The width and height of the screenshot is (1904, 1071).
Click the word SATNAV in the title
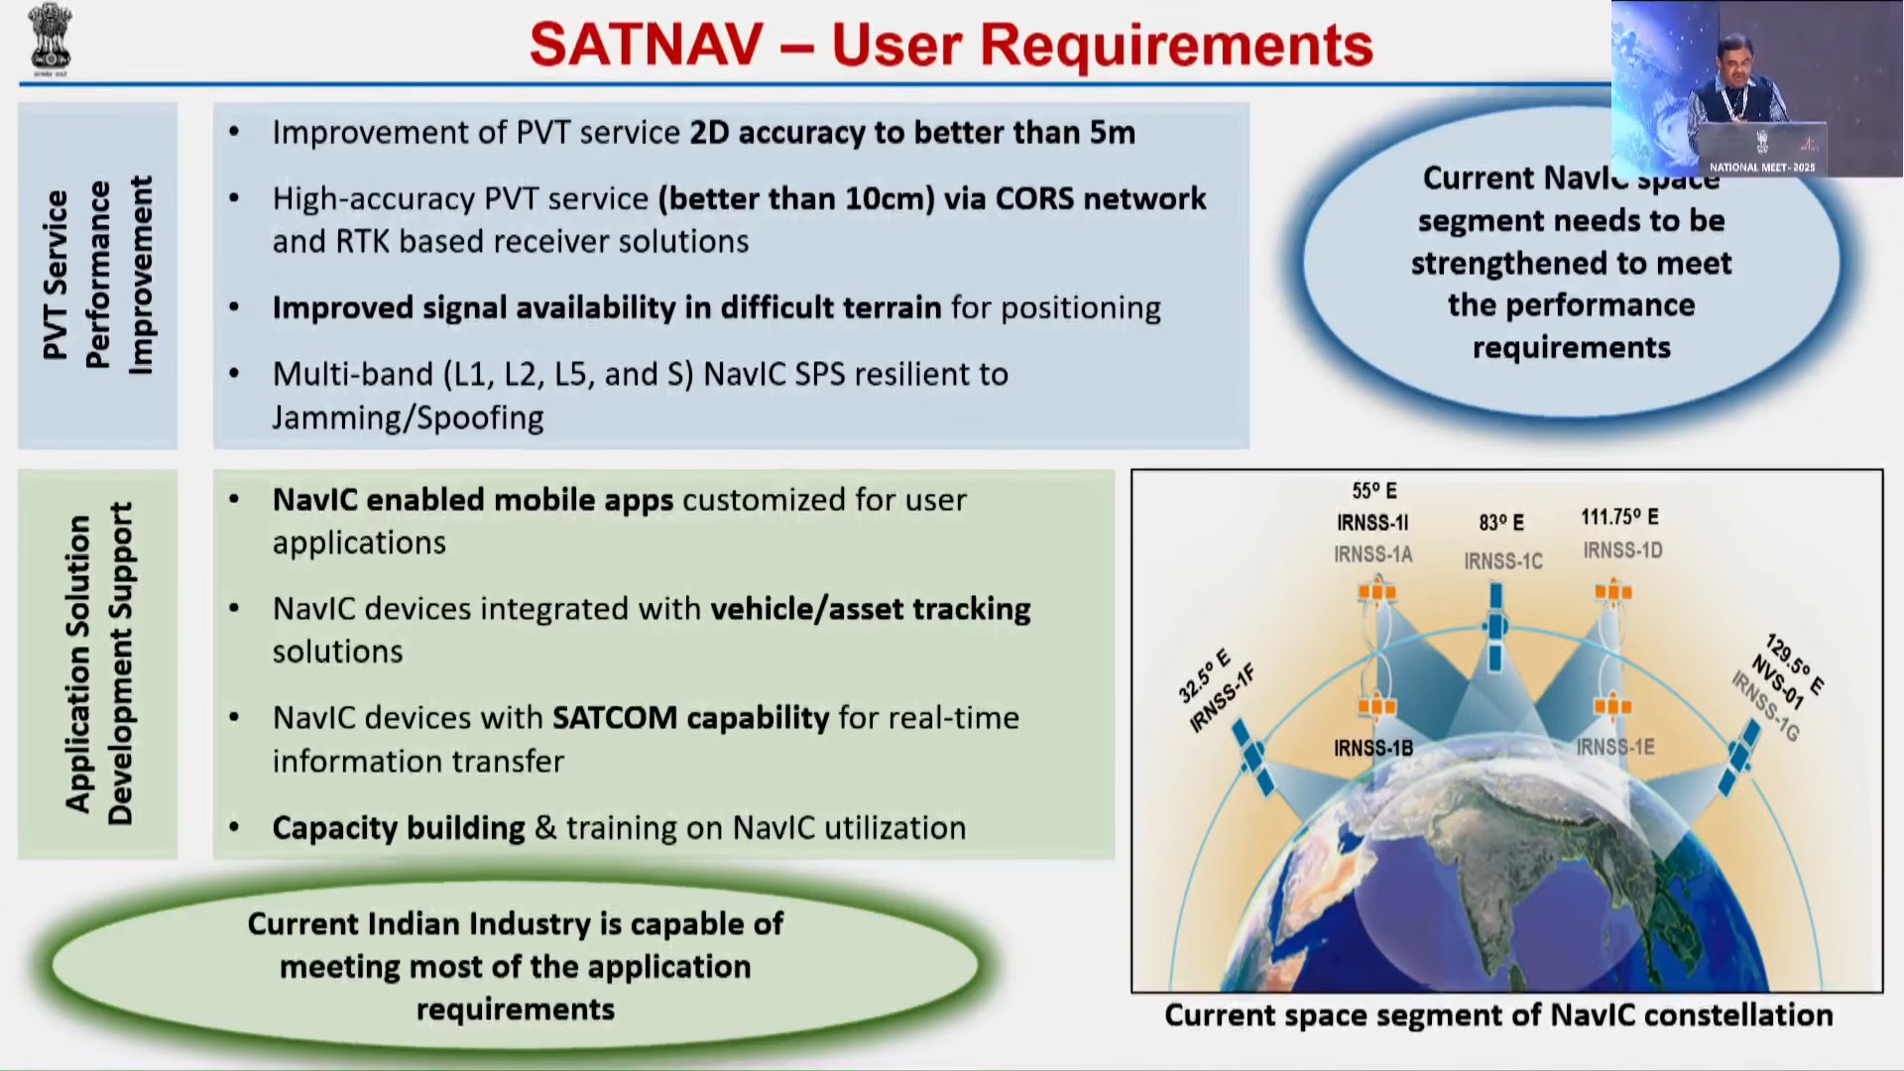(647, 45)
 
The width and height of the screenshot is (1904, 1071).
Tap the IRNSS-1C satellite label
(1503, 561)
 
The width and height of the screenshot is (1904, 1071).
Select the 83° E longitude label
(1501, 523)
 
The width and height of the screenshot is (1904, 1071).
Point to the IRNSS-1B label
(1373, 748)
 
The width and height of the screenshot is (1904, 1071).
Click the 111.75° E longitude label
(1619, 517)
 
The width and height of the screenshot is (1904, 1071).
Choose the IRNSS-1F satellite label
(1223, 700)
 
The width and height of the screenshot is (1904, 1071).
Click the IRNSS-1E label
(1615, 747)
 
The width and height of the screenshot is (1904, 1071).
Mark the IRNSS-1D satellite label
(1622, 550)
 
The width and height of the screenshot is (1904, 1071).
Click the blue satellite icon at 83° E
(1496, 626)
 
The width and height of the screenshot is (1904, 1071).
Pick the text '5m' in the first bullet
(1113, 133)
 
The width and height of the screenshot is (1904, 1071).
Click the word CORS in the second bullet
(1034, 198)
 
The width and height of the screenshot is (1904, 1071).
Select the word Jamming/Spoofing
(408, 418)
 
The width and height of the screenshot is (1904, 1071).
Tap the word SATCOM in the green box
(615, 717)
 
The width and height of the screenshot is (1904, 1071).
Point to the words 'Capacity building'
(399, 828)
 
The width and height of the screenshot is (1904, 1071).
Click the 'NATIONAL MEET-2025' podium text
(1762, 168)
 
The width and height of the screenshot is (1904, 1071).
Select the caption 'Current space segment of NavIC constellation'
(1498, 1015)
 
